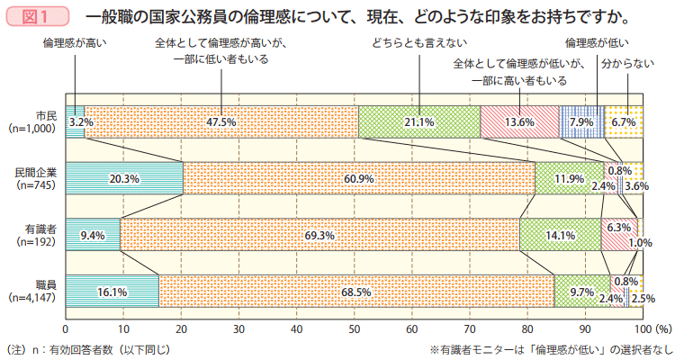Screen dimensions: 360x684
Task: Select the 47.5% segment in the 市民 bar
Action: [x=220, y=121]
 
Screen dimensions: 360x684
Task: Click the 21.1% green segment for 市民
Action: [x=419, y=121]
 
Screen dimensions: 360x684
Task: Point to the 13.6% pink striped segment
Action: [x=519, y=121]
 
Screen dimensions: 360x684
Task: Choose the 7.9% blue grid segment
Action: [x=581, y=121]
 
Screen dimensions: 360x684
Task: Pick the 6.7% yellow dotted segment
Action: [x=624, y=121]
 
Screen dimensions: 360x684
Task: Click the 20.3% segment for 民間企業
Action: [x=124, y=178]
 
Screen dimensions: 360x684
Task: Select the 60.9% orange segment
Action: [x=358, y=178]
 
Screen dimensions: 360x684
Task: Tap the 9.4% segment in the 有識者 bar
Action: [x=93, y=235]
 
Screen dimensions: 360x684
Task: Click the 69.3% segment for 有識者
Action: [x=319, y=235]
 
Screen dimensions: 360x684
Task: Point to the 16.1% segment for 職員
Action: [x=112, y=292]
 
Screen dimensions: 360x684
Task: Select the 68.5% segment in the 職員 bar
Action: [x=356, y=292]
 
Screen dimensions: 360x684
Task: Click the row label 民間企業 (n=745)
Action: [x=35, y=178]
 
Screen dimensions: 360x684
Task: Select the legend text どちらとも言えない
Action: [x=418, y=42]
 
